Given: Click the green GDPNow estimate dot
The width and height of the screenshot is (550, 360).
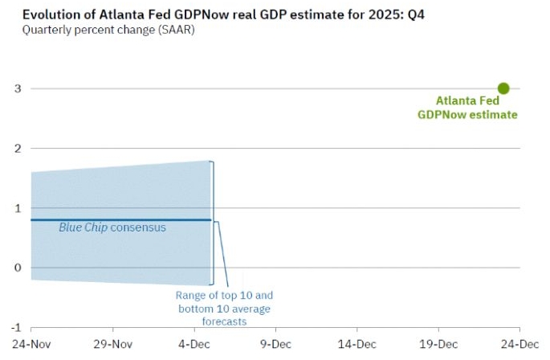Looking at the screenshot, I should pos(503,88).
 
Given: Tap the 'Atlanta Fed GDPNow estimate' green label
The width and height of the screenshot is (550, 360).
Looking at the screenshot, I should pos(467,108).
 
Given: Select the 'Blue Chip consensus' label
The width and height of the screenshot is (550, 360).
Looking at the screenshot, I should pos(112,227).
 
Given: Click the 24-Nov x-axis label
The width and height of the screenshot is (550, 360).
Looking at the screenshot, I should pos(31,344).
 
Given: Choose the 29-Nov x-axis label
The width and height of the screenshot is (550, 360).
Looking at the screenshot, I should pos(112,344).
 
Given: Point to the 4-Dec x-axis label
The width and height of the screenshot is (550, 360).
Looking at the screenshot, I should pos(194,344).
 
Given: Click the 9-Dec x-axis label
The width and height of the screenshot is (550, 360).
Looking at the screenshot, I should pos(275,344).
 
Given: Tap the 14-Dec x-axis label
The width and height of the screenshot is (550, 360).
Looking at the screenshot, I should pos(357,344).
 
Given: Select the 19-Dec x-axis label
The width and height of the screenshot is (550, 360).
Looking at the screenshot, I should pos(438,344).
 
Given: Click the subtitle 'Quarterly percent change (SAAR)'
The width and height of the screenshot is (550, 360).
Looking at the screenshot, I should pos(108,31).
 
